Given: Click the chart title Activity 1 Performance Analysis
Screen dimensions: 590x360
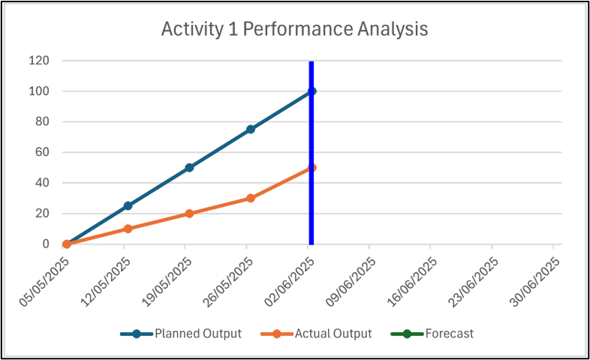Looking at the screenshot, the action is coord(294,29).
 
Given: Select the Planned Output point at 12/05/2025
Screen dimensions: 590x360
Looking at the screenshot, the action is coord(128,205).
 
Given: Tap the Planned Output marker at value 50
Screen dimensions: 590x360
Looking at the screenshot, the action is coord(189,167).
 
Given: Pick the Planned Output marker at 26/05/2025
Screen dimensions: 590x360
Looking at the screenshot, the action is coord(251,129).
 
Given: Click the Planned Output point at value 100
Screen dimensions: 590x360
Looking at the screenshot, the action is coord(312,91).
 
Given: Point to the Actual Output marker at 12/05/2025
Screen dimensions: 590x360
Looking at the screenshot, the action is coord(128,229).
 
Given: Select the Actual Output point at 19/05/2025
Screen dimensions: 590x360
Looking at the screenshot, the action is coord(189,214).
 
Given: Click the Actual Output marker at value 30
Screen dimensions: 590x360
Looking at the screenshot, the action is coord(251,198).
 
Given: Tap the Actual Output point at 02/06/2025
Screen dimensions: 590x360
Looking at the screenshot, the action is coord(312,167).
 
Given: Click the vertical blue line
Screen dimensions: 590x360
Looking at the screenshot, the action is coord(312,152).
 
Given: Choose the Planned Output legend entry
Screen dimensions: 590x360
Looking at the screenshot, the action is coord(181,334).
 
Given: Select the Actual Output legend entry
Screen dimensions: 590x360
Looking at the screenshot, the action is coord(317,334).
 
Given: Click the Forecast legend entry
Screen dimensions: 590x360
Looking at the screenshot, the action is coord(432,334).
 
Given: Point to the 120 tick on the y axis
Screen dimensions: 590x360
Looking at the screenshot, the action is coord(39,61).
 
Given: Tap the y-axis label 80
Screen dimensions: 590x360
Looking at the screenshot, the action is coord(42,121).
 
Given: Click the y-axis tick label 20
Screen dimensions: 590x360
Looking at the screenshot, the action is coord(42,213).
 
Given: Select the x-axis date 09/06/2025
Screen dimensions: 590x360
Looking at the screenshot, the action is coord(351,282).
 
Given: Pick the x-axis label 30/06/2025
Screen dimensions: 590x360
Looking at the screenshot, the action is coord(534,282).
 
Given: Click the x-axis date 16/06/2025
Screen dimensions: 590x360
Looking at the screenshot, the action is coord(412,282).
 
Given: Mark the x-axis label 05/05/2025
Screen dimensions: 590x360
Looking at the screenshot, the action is coord(44,282).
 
